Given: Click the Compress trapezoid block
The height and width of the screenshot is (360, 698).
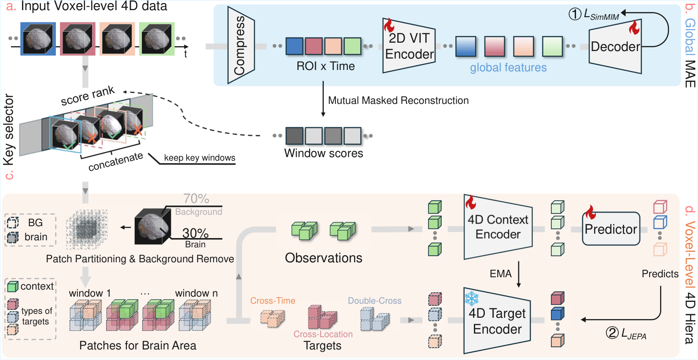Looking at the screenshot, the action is coord(241,45).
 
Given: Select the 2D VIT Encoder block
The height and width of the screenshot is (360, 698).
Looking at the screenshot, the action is coord(409,46).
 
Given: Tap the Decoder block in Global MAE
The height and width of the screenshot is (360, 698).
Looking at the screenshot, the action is coord(615,46).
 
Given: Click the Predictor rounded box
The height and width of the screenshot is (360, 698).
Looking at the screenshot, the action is coord(611,229).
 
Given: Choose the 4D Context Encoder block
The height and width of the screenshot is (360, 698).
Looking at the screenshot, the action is coord(498,227).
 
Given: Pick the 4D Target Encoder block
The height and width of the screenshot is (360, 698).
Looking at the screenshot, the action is coord(497,320).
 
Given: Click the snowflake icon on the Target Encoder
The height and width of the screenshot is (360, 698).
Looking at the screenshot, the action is coord(472,298).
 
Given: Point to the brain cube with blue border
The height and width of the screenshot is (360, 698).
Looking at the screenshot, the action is coord(38,39).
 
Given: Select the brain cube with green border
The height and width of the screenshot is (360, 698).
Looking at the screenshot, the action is coord(157,39).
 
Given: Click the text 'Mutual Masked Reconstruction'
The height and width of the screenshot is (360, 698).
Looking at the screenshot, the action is coord(398,101).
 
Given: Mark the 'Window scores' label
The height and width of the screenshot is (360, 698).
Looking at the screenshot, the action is coord(323,153).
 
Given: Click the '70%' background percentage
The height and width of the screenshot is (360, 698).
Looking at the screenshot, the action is coord(196,198).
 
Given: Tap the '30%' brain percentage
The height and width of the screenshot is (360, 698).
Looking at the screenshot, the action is coord(196,233).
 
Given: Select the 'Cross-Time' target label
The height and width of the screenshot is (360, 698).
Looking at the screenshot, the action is coord(273,301).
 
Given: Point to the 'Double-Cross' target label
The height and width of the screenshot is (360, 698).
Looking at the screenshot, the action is coord(375,301).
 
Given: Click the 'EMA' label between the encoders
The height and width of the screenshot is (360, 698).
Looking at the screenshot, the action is coord(500,274).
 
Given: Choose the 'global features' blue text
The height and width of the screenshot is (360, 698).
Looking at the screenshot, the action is coord(508,68).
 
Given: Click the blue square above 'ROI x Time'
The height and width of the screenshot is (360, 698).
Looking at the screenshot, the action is coord(295,46).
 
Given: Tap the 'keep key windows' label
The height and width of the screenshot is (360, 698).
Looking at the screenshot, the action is coord(199,158).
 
